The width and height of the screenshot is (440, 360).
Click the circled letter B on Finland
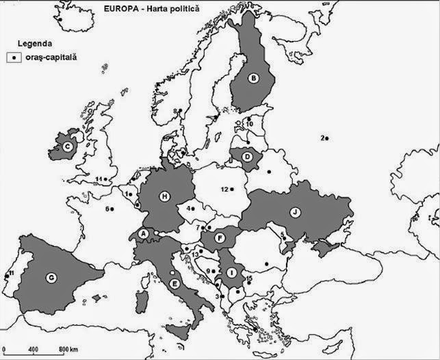pos(255,79)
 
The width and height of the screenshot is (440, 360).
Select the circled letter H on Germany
pos(164,197)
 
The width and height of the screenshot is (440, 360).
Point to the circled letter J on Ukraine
pos(296,211)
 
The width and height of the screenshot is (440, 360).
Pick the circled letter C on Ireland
pos(68,146)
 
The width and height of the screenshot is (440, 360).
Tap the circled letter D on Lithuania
pos(248,157)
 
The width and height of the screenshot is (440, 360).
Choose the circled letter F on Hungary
pos(220,237)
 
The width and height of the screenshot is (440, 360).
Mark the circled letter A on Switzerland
pos(144,234)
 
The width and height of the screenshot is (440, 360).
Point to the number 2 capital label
pos(322,138)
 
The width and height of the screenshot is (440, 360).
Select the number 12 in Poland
pos(224,189)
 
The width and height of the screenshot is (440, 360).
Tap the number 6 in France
pos(107,209)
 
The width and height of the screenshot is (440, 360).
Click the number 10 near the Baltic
pos(250,124)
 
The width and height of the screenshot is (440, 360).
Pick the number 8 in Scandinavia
pos(175,111)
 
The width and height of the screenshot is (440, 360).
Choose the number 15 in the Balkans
pos(249,278)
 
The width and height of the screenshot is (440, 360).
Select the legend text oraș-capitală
pos(52,58)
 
